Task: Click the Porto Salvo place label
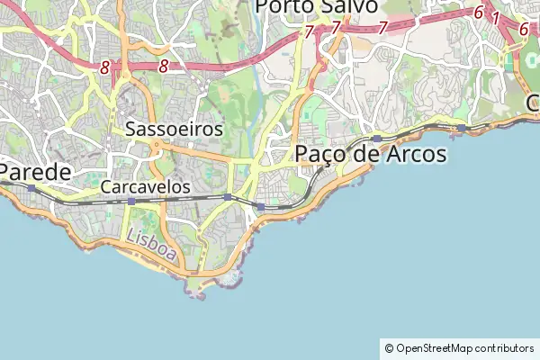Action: (x=316, y=7)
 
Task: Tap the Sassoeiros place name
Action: (x=175, y=129)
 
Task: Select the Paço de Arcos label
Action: (x=371, y=155)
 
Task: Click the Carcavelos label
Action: (x=146, y=187)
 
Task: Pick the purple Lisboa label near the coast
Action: (x=152, y=244)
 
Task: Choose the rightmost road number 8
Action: (x=163, y=66)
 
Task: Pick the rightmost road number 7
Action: (x=382, y=28)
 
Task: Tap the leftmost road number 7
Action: (x=309, y=32)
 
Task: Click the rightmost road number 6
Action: (x=523, y=29)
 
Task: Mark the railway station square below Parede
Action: (x=31, y=188)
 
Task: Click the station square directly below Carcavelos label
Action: (x=131, y=202)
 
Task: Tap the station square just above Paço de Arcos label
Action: (x=376, y=139)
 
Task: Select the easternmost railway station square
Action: (x=461, y=128)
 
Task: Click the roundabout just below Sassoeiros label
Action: (x=156, y=144)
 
